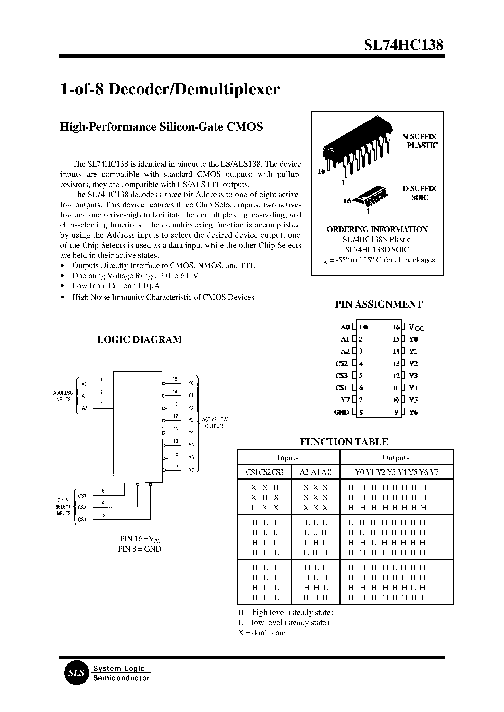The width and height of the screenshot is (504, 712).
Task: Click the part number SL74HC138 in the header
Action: [403, 45]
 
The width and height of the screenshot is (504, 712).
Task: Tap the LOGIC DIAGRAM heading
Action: [139, 339]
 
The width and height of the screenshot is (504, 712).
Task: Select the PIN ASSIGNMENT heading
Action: [378, 304]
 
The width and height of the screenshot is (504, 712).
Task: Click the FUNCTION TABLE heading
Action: [344, 442]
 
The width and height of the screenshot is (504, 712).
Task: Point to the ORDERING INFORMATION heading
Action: [377, 229]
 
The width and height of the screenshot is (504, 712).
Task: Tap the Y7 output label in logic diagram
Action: [191, 470]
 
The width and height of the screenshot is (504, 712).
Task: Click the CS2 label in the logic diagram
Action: [82, 507]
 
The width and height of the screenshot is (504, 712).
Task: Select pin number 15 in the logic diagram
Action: [175, 379]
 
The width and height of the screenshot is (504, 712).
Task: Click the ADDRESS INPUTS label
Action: [63, 396]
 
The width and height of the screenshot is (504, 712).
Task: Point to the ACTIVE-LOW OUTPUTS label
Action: [215, 422]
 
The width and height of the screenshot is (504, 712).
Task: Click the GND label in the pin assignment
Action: [341, 412]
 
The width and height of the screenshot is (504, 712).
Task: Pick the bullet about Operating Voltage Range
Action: [135, 276]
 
